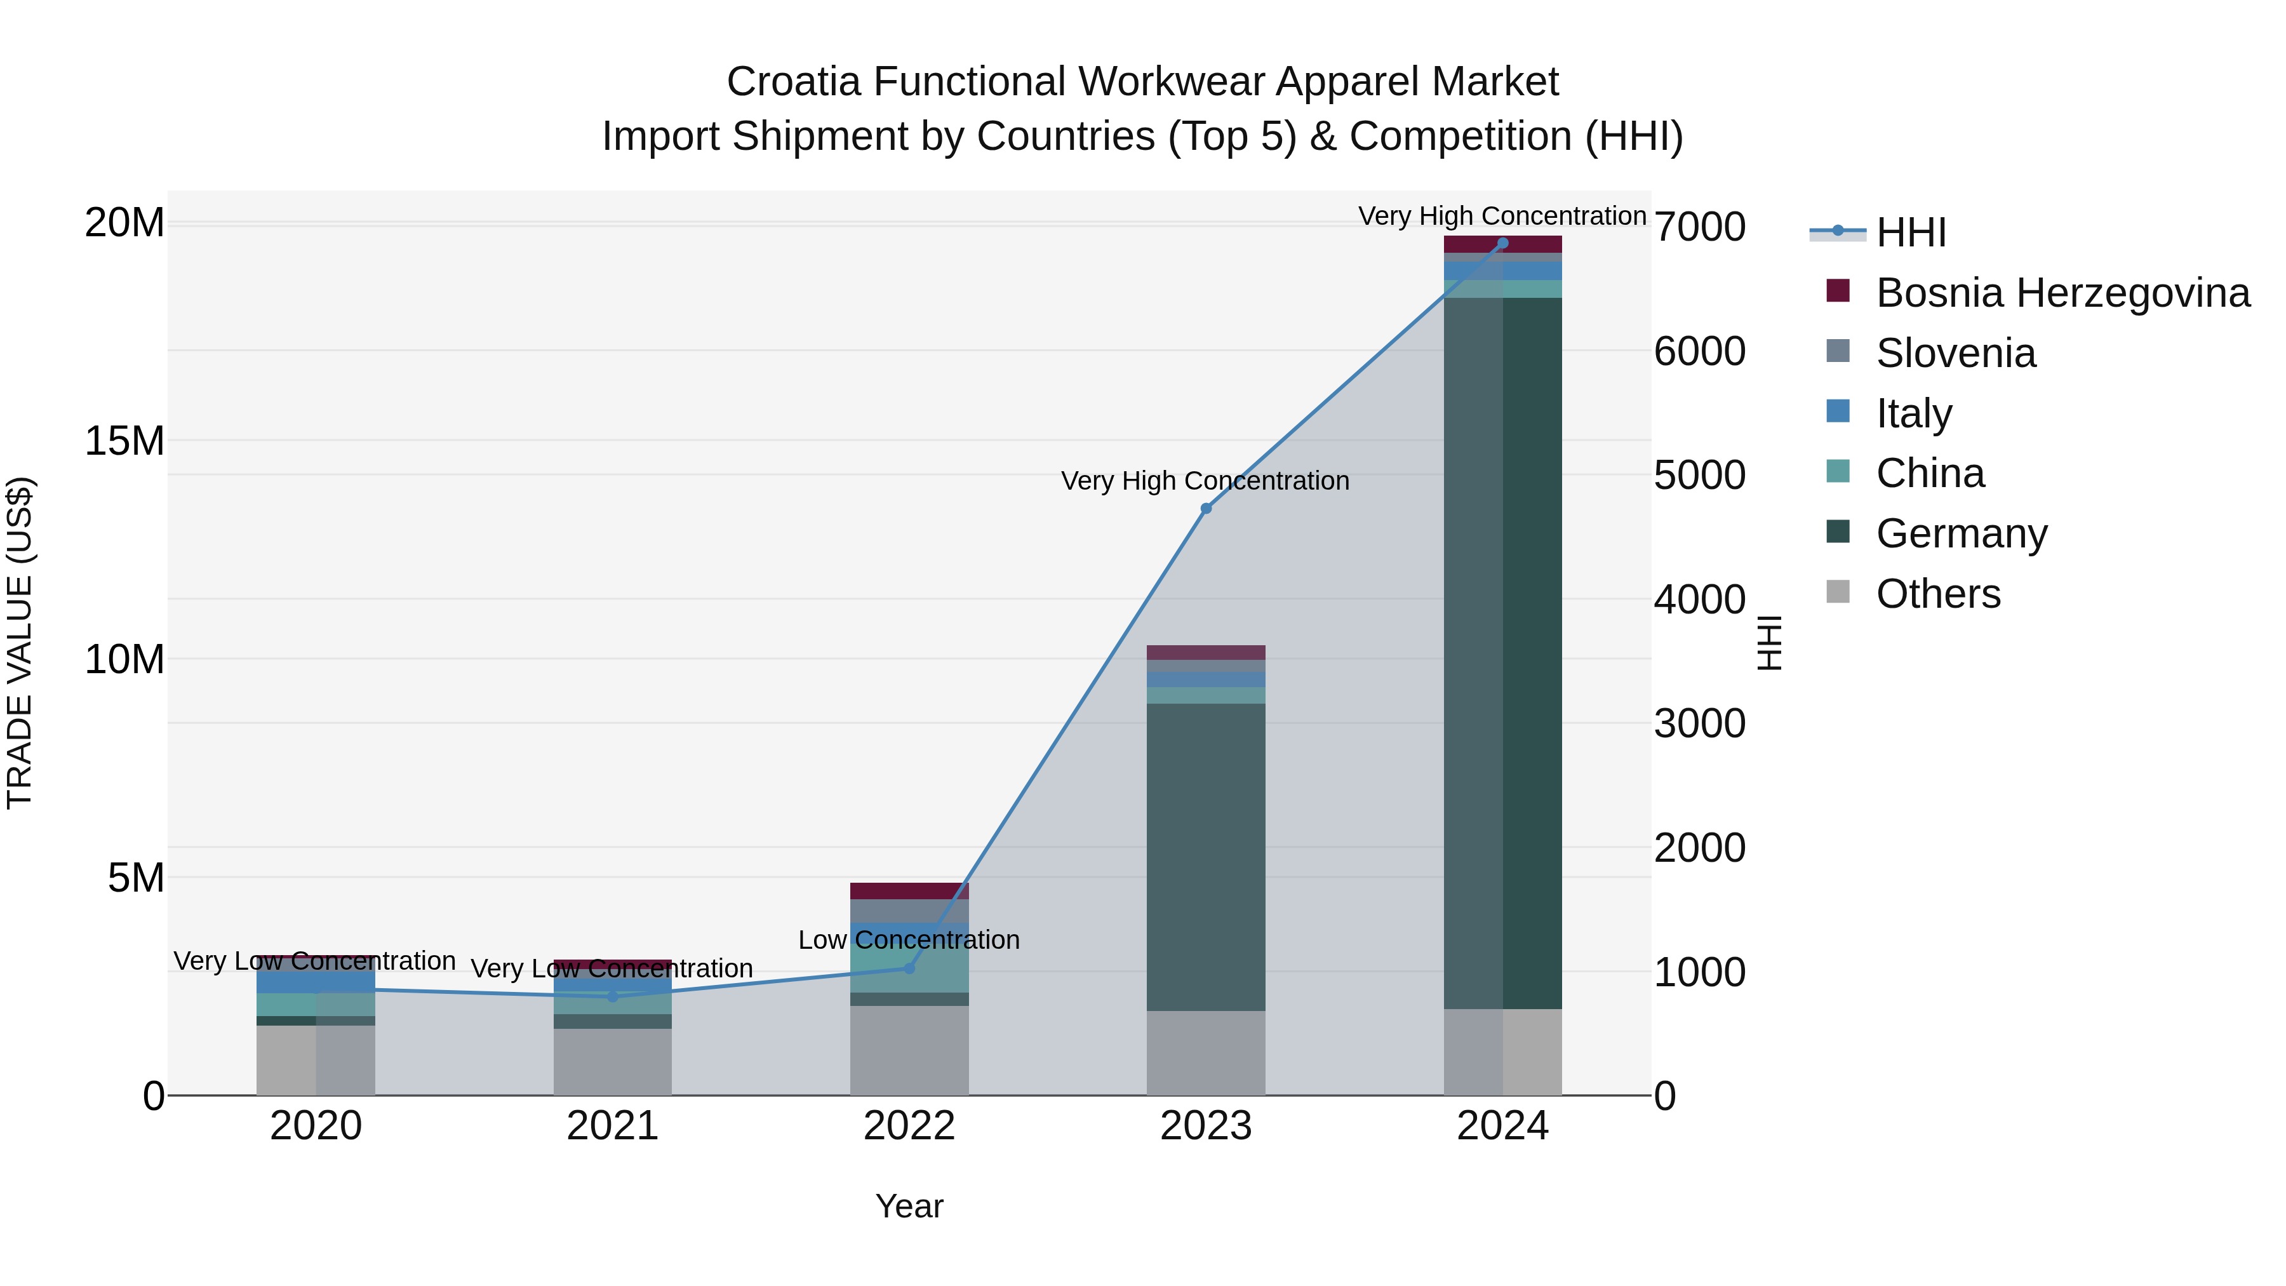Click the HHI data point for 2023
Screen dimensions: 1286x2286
(1206, 509)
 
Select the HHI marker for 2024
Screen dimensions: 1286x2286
(1502, 243)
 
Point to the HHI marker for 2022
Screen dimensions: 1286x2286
(909, 968)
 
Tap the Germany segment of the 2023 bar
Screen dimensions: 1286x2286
(1206, 857)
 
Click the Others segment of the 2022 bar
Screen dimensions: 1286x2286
(909, 1050)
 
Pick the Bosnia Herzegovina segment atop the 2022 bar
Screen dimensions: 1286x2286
(909, 891)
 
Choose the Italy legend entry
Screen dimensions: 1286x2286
(1913, 413)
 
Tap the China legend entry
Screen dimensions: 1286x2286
(1929, 473)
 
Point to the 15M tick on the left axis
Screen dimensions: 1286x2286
(124, 441)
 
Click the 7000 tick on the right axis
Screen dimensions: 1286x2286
(1699, 227)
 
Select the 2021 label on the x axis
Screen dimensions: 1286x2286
(612, 1126)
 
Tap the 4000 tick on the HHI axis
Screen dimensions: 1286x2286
(1699, 600)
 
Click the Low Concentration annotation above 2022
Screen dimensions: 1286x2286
(909, 940)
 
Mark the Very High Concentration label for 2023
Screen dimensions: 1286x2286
(1205, 481)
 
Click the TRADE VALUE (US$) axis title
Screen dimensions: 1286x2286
(20, 643)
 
